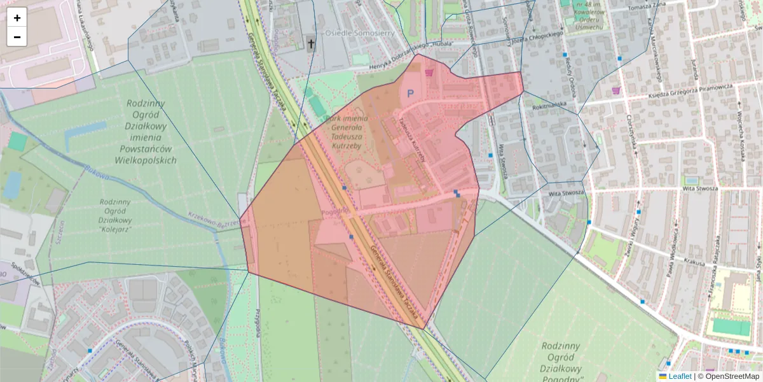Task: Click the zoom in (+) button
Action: [x=17, y=18]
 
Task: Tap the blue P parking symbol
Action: [x=410, y=94]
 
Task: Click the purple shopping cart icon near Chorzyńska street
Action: [x=615, y=90]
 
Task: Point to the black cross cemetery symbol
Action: [x=311, y=44]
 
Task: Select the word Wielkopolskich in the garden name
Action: [x=146, y=160]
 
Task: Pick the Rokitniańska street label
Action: [x=550, y=103]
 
